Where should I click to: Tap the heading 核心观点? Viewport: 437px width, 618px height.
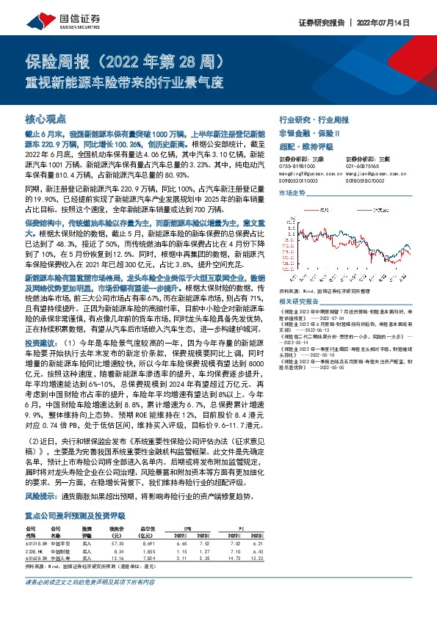click(46, 117)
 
